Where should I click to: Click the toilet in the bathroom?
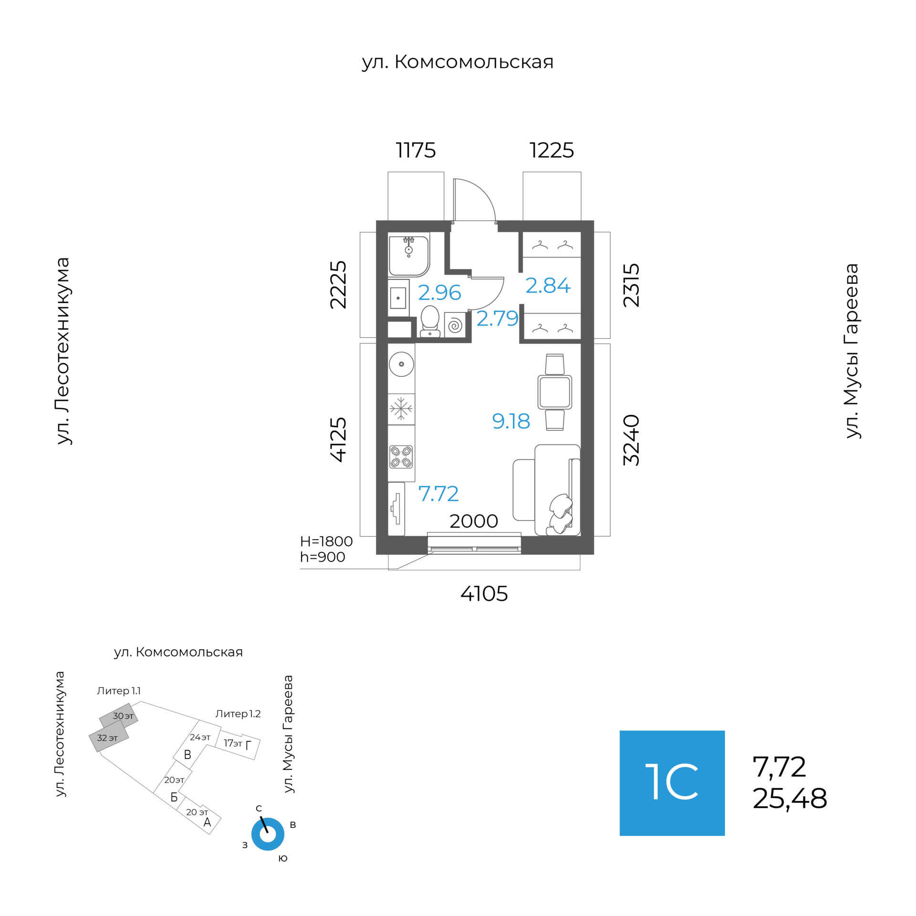[430, 320]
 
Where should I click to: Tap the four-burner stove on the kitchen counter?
[401, 456]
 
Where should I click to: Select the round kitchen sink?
[401, 364]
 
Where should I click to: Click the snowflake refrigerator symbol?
[401, 409]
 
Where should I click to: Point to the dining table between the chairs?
[554, 392]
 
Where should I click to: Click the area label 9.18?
[511, 421]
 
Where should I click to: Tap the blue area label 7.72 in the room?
[438, 494]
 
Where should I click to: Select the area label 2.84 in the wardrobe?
[548, 285]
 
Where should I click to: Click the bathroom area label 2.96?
[439, 292]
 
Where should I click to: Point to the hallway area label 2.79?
[497, 318]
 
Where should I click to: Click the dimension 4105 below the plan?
[484, 594]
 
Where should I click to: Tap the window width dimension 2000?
[474, 521]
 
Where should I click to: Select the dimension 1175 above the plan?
[416, 150]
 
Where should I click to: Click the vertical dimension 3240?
[631, 440]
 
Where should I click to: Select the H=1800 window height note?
[326, 541]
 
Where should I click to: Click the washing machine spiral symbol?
[455, 325]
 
